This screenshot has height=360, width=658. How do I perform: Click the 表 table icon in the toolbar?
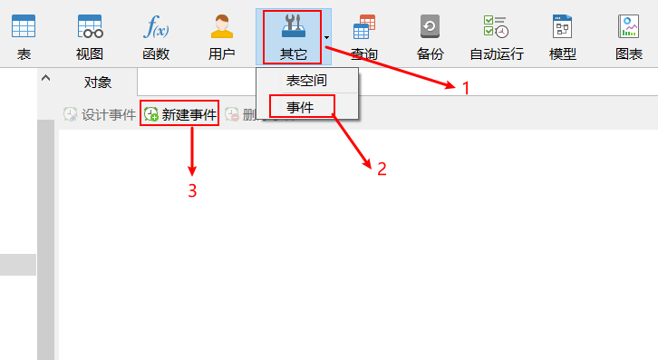(24, 25)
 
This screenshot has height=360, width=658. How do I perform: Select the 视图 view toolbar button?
(90, 25)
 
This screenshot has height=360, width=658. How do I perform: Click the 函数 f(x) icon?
(156, 25)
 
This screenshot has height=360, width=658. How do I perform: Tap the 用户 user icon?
(222, 25)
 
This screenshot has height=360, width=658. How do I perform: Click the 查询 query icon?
(364, 27)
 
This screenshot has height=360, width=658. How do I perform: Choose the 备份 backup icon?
(431, 25)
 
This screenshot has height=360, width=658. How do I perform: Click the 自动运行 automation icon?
(496, 25)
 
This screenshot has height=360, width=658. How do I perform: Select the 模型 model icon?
(563, 25)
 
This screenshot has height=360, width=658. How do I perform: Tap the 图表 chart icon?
(629, 25)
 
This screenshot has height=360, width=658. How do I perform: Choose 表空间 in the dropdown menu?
(306, 81)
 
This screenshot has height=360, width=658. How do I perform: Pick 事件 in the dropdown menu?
(300, 107)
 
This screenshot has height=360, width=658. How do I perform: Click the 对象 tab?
(98, 83)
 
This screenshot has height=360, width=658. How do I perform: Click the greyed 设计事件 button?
(100, 115)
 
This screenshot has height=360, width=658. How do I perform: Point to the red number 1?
(466, 88)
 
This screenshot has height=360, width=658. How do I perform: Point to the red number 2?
(382, 168)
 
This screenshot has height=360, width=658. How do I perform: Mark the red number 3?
(192, 190)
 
